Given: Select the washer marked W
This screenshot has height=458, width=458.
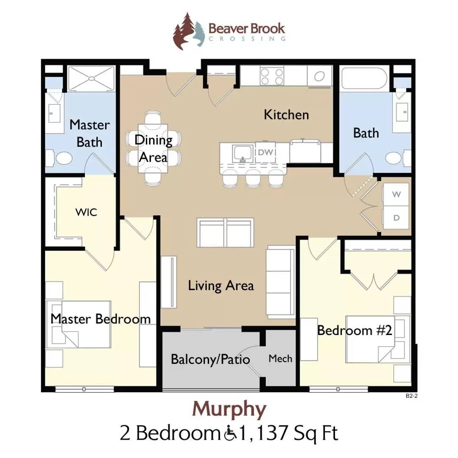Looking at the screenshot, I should (396, 195).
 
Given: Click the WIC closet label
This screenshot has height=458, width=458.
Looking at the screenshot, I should (86, 212).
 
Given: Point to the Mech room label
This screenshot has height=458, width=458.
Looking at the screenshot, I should (280, 359).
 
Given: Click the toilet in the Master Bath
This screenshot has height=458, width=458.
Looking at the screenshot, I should (63, 158).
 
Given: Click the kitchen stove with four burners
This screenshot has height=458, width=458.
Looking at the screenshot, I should (272, 77).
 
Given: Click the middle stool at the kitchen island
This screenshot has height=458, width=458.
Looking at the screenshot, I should (253, 180).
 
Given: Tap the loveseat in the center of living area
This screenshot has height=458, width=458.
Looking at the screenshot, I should (225, 232).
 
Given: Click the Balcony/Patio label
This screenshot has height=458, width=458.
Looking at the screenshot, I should (210, 359).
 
